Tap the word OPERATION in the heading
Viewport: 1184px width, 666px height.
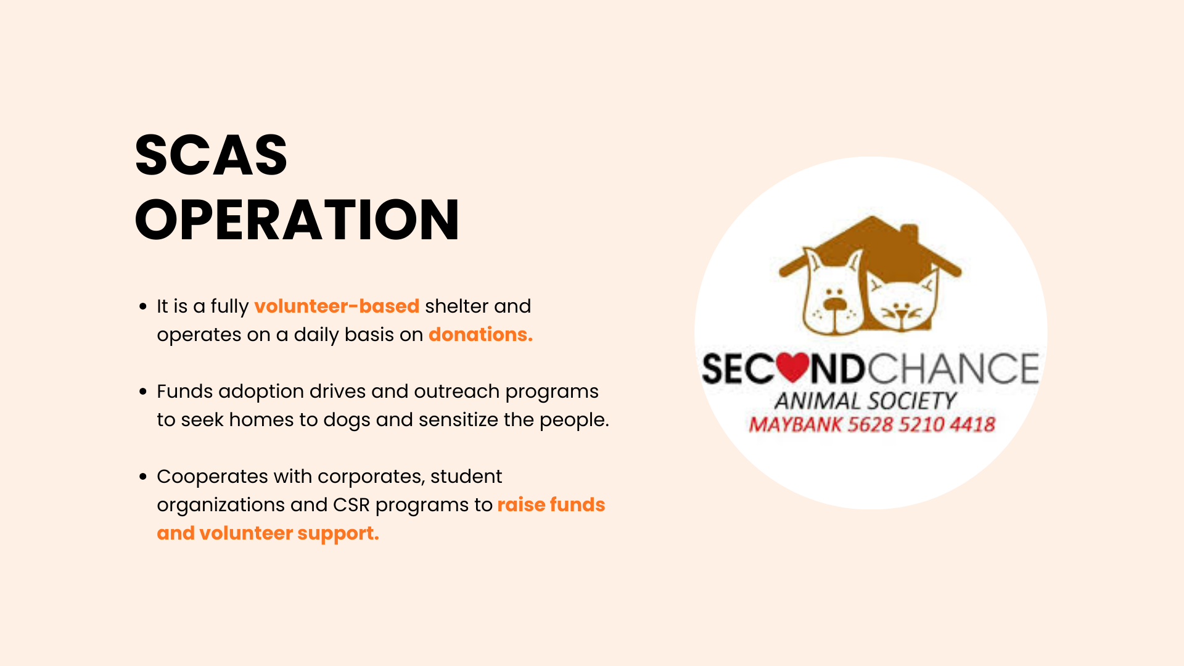(297, 220)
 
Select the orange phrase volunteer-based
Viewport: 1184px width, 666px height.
(337, 306)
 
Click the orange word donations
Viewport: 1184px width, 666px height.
(480, 334)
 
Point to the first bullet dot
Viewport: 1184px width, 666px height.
(143, 306)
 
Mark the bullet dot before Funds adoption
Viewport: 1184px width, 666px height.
(143, 392)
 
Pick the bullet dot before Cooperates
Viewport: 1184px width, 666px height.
(143, 477)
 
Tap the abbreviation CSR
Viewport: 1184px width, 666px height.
(351, 505)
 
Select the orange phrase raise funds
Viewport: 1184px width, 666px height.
(551, 504)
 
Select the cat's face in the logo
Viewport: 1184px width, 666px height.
(902, 302)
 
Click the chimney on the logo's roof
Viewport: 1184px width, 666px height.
(910, 235)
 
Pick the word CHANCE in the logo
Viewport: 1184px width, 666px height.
(953, 369)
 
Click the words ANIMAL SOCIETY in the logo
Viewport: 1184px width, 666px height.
(866, 401)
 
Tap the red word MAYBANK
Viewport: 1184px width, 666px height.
(795, 425)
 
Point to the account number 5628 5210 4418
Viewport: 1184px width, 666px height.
(922, 425)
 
